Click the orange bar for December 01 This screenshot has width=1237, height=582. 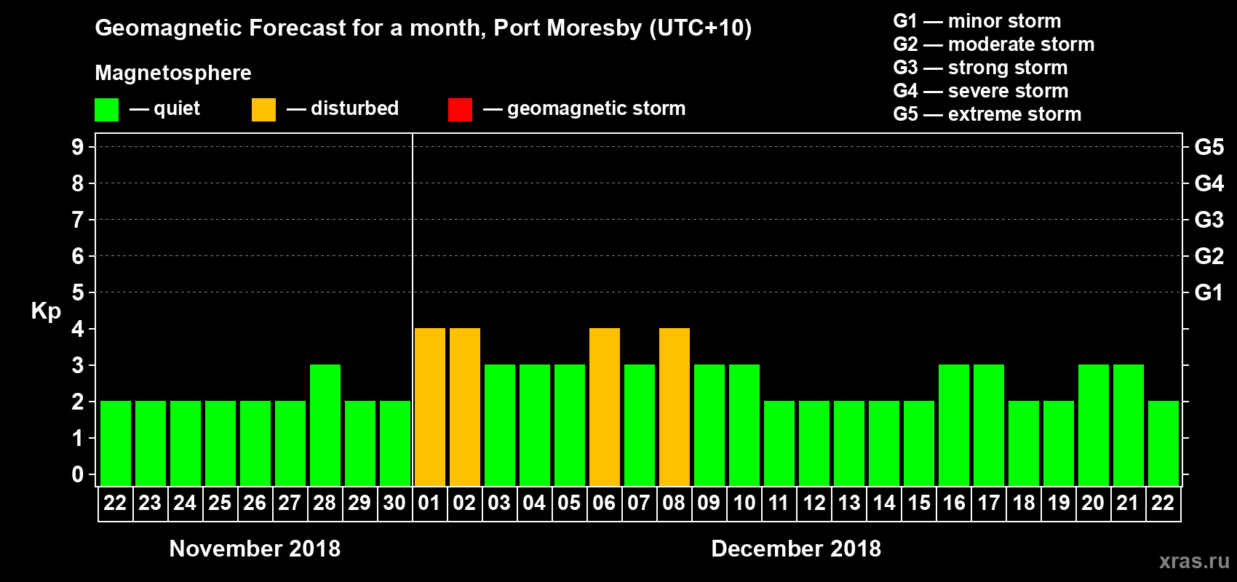pos(429,407)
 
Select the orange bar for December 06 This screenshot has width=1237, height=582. pos(605,407)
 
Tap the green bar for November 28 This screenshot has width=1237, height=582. pos(325,425)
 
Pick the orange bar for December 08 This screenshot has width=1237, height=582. pos(675,407)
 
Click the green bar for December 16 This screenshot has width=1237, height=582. pos(954,425)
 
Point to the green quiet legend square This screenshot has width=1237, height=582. pos(107,110)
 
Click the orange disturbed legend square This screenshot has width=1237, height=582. pos(263,110)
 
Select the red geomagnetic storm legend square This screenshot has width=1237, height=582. pos(460,110)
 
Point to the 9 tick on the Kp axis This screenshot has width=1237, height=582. pos(78,147)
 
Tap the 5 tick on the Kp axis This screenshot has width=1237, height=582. pos(78,292)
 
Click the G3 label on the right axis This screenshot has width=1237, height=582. pos(1209,220)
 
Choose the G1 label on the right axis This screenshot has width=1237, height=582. pos(1209,292)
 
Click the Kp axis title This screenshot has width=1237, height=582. pos(46,311)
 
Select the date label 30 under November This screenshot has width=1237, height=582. pos(394,503)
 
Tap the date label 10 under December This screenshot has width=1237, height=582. pos(744,503)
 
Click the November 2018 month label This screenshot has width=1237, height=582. pos(255,549)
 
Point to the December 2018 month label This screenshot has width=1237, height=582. pos(796,549)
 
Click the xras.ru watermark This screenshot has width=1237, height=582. pos(1194,561)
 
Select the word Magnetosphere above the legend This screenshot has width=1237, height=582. pos(173,73)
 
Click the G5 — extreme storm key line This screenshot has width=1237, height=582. pos(987,114)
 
